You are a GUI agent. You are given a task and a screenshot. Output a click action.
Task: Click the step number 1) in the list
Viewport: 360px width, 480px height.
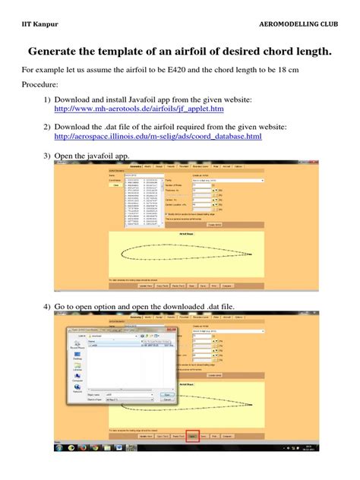click(47, 99)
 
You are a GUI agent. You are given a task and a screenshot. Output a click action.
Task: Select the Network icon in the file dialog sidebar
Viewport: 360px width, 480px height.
click(77, 390)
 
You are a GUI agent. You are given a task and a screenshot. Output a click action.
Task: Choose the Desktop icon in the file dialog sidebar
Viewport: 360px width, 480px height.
click(77, 358)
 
